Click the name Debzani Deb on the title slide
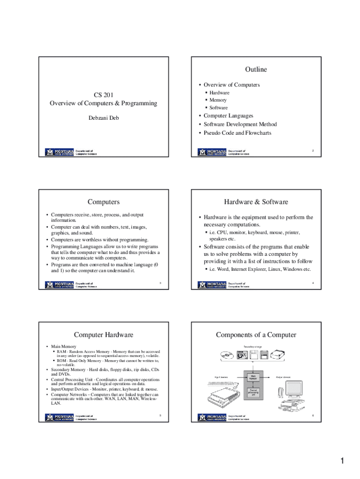tap(104, 118)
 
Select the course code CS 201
tap(103, 95)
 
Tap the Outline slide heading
tap(256, 69)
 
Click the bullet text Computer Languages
tap(228, 116)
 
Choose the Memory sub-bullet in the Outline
tap(218, 100)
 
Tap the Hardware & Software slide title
tap(256, 202)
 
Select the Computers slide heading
tap(103, 202)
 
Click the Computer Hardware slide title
tap(103, 334)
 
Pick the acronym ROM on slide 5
tap(62, 361)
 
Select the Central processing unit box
tap(253, 393)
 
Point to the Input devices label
tap(221, 377)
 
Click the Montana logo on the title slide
tap(60, 152)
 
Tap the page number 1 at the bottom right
tap(342, 462)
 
